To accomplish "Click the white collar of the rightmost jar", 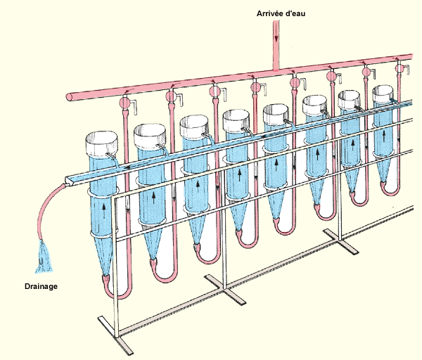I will pyautogui.click(x=384, y=94).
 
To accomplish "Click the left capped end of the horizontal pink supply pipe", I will pyautogui.click(x=69, y=96).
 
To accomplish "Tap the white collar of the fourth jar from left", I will pyautogui.click(x=238, y=120).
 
